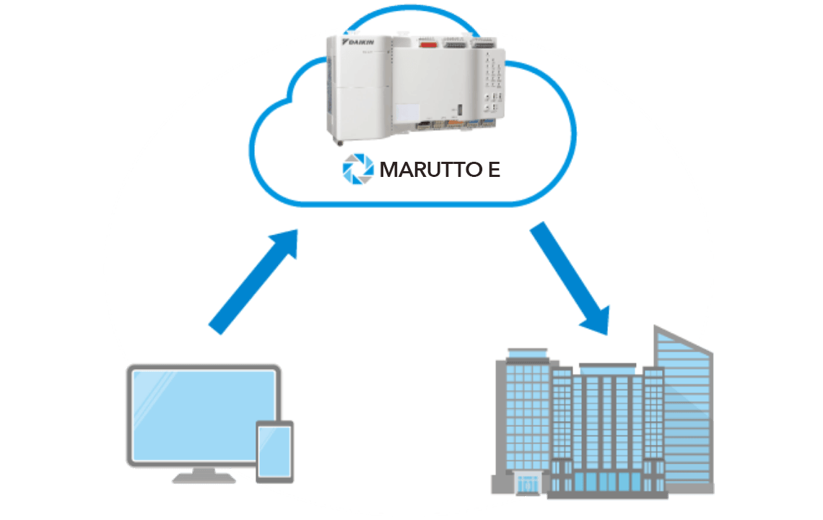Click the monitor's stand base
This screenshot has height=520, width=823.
tap(204, 477)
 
